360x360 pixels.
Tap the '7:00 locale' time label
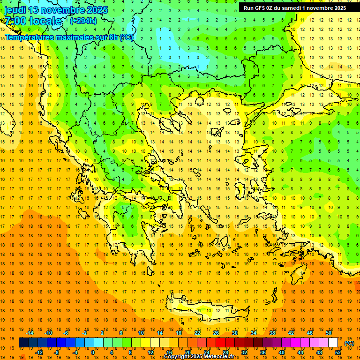pos(33,21)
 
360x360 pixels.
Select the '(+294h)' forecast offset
pos(83,21)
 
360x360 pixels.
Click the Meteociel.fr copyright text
pos(199,356)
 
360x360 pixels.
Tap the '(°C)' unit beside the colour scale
pos(349,343)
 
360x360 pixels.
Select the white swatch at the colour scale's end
pos(333,343)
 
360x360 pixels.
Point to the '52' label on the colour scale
pos(338,352)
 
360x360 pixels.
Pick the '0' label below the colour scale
pos(93,352)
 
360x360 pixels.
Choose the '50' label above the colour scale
pos(328,333)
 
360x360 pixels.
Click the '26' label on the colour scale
pos(216,333)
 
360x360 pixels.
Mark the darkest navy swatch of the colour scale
pos(23,343)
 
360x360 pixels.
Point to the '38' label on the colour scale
pos(272,333)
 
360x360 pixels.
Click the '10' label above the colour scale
pos(141,333)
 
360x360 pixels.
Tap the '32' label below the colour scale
pos(244,352)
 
